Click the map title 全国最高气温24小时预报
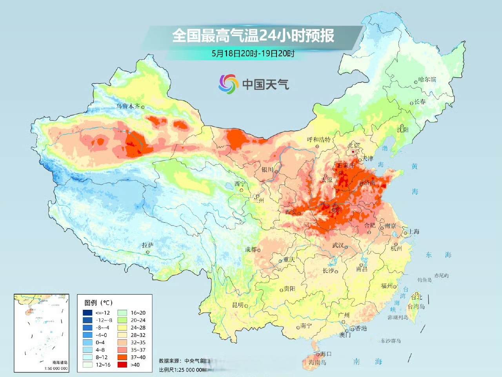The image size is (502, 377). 253,36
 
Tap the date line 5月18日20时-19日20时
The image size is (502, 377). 253,54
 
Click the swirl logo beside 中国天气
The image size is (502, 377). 228,84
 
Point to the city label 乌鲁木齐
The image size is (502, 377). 128,106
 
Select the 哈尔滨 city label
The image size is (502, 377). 427,79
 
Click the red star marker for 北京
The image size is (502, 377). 353,152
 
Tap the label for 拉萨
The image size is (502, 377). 148,245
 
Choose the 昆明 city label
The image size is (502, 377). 238,305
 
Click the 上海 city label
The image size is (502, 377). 414,232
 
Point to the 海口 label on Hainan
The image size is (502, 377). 326,354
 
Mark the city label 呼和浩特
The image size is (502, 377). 318,139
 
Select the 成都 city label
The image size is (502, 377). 251,249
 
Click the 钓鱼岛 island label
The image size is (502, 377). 424,280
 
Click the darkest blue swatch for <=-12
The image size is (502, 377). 87,313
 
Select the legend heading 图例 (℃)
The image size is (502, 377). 98,303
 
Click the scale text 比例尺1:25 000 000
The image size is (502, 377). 182,370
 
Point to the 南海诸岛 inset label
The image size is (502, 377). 60,362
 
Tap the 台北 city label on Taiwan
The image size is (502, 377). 417,297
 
